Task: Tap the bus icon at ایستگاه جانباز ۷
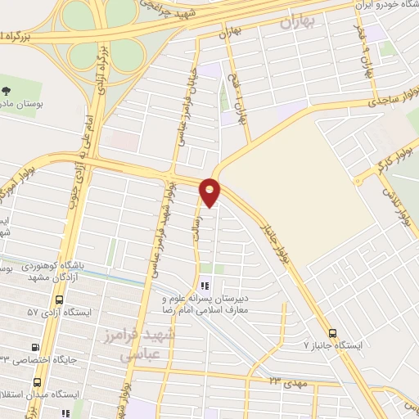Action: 331,333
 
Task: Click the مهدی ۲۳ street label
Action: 286,381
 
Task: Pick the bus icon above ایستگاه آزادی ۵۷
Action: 34,298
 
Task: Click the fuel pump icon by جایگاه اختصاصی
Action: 34,347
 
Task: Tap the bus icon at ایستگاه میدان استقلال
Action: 38,382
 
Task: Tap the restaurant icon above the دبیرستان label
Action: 205,286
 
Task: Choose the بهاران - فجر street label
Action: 365,57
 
